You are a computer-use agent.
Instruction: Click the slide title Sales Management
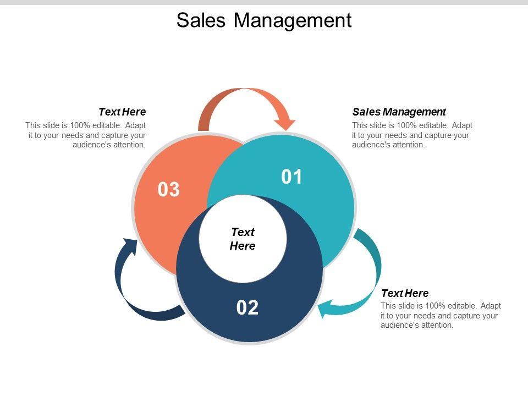(263, 20)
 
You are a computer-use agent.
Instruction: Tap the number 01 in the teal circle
(292, 177)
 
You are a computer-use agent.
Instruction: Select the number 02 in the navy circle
(248, 308)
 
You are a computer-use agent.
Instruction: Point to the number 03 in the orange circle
(169, 190)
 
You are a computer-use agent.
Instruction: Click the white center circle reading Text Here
(243, 239)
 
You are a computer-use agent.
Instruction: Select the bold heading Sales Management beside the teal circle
(399, 112)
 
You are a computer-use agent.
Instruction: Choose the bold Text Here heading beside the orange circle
(122, 112)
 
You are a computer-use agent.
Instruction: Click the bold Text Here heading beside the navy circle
(405, 293)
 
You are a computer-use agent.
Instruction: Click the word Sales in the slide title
(201, 20)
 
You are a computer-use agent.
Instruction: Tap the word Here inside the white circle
(243, 246)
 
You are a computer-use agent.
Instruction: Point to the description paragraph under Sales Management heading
(412, 135)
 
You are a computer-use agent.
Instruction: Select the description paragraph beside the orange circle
(86, 135)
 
